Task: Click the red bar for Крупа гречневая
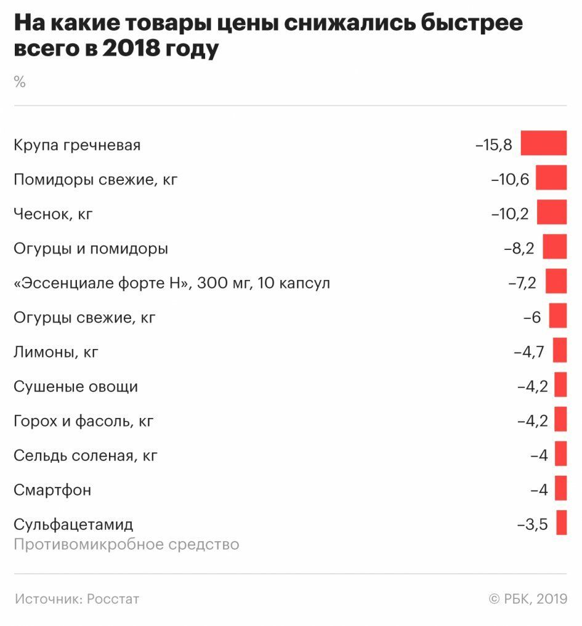point(543,143)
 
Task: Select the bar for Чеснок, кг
point(551,212)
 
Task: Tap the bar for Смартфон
point(560,488)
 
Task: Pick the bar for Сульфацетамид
point(561,523)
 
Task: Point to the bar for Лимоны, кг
point(559,350)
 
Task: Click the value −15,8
point(494,146)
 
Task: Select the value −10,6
point(510,180)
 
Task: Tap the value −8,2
point(519,249)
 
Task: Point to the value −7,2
point(522,284)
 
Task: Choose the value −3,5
point(532,525)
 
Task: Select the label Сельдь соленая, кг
point(86,456)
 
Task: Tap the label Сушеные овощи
point(76,387)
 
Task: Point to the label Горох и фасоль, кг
point(83,422)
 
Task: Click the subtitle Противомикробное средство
point(126,545)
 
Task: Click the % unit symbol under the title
point(20,82)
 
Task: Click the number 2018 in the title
point(131,49)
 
